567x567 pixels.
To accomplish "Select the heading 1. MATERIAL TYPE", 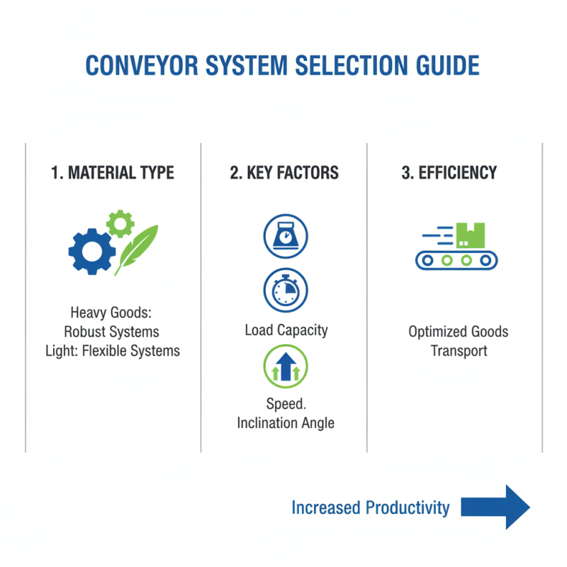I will [x=113, y=173].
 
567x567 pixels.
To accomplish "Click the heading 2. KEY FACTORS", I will [x=284, y=173].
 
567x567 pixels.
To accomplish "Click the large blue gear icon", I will [x=91, y=250].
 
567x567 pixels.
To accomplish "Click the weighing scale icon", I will [x=284, y=237].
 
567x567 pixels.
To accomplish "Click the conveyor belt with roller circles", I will [x=456, y=260].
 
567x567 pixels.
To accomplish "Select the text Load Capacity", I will [x=286, y=330].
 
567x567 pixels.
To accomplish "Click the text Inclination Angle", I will [x=286, y=423].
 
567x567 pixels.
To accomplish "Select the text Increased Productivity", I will [x=371, y=507].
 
